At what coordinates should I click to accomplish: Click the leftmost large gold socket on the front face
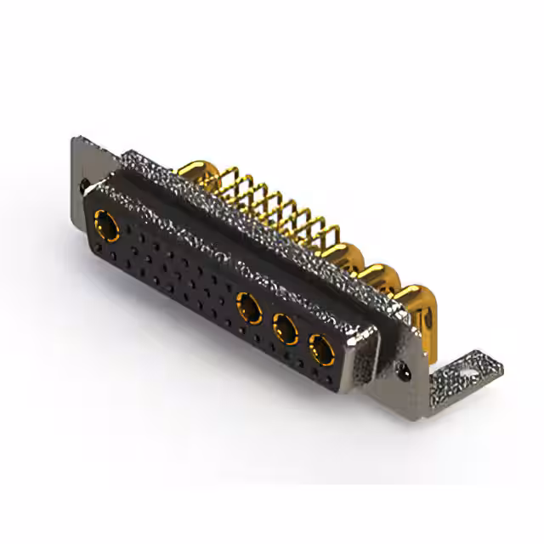tap(107, 225)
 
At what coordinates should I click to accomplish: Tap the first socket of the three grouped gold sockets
tap(249, 306)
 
